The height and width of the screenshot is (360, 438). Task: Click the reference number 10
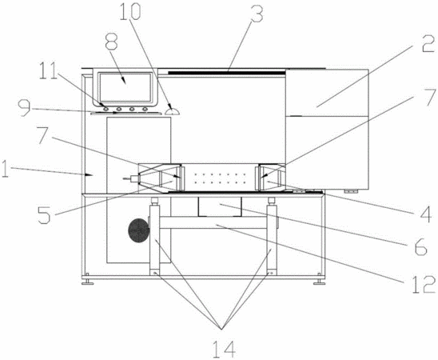(x=130, y=11)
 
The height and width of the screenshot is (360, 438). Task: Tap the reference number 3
(x=257, y=13)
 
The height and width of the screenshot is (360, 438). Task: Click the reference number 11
(x=50, y=70)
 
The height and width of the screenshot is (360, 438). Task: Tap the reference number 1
(x=6, y=168)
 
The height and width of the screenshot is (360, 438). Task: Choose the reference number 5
(x=45, y=215)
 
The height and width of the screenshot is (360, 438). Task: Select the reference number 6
(x=420, y=246)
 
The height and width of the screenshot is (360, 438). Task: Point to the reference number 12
(x=424, y=284)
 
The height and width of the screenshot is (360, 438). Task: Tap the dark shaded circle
(x=137, y=230)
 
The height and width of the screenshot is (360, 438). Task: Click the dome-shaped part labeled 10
(x=172, y=112)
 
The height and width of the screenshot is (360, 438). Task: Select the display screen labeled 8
(x=125, y=87)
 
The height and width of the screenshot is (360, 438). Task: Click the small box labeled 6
(x=220, y=207)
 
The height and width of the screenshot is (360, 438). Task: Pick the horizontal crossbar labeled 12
(x=213, y=223)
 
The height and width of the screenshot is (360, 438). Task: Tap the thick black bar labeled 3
(x=226, y=73)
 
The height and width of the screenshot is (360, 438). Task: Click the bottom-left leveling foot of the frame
(x=88, y=282)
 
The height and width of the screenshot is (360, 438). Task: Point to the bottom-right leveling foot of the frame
(x=319, y=282)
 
